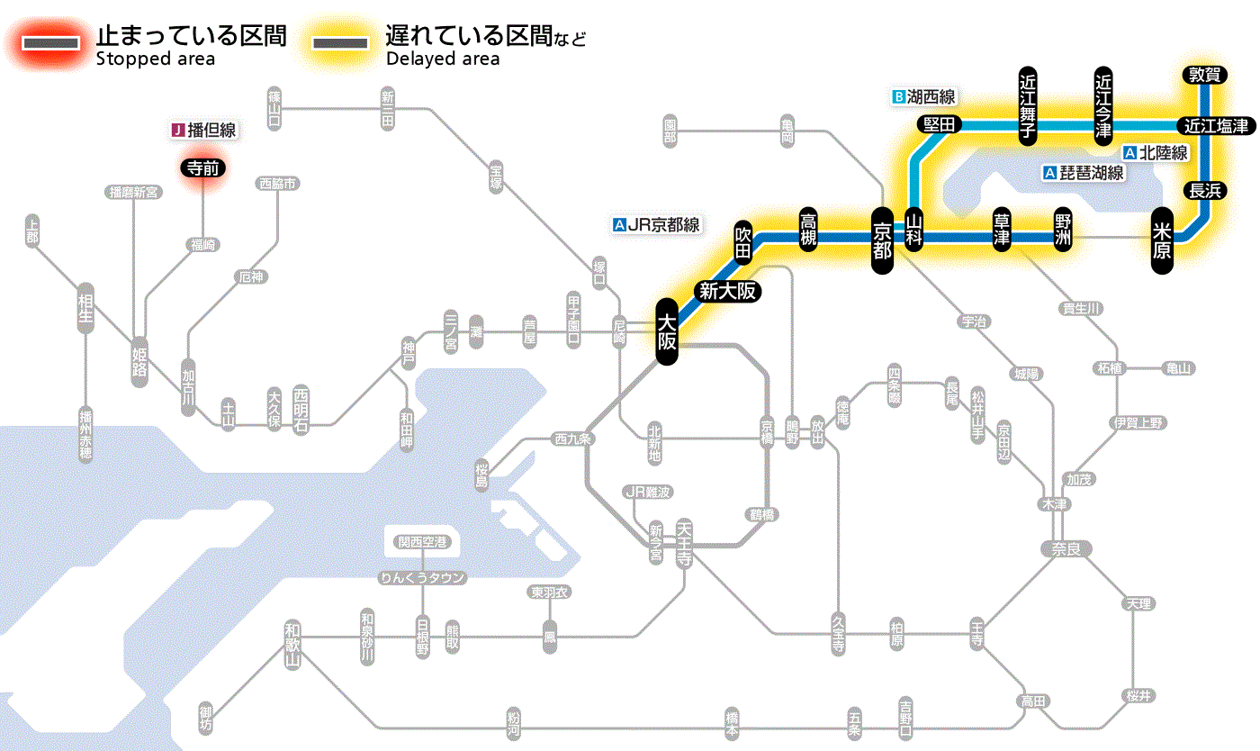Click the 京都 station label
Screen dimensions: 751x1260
[882, 237]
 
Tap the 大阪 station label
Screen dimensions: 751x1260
[666, 332]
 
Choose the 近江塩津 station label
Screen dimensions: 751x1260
[1216, 125]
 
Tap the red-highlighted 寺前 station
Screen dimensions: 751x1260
[202, 167]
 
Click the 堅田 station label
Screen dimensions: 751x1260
[940, 125]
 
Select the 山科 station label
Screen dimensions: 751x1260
[914, 231]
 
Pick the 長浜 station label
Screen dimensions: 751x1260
[1203, 190]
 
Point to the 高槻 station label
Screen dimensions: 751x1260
[808, 230]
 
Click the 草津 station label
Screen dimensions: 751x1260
[1001, 231]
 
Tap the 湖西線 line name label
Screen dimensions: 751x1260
[923, 96]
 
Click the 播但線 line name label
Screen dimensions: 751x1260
[204, 131]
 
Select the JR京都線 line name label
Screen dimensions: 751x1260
[656, 225]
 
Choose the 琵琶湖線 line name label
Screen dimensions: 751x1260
[1084, 173]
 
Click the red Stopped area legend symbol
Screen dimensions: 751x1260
[51, 43]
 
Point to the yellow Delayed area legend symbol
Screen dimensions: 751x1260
[340, 43]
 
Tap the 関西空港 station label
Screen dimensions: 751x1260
[422, 542]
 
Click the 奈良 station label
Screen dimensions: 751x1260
[1066, 548]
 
